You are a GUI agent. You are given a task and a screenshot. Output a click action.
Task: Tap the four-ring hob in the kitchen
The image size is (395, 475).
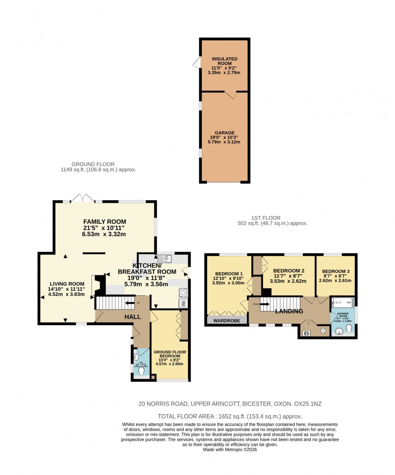(x=183, y=293)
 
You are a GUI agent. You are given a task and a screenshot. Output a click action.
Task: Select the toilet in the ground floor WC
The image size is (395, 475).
(x=141, y=371)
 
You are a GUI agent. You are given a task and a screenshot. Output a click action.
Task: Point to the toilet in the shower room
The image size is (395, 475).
(x=349, y=329)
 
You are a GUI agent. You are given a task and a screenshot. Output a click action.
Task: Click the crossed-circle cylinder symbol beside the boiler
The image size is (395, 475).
(x=323, y=331)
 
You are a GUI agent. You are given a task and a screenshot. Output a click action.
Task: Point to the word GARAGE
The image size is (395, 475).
(x=225, y=133)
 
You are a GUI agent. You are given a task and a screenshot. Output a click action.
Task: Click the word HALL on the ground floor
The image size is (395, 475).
(x=132, y=317)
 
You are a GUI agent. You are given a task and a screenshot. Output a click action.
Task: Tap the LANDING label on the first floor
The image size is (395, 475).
(x=289, y=311)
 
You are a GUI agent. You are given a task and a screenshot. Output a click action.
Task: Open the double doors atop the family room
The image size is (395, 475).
(x=83, y=198)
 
